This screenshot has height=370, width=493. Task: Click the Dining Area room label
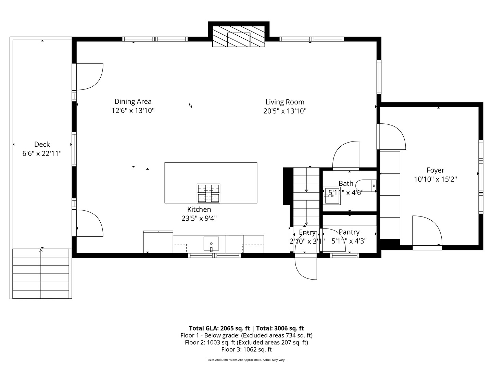pyautogui.click(x=133, y=101)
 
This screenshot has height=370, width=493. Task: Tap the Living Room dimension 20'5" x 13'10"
pyautogui.click(x=285, y=111)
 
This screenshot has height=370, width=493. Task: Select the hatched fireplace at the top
pyautogui.click(x=239, y=36)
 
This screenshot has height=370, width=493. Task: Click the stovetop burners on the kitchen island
pyautogui.click(x=208, y=193)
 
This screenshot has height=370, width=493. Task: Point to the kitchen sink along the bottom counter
pyautogui.click(x=211, y=244)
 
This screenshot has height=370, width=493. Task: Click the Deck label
pyautogui.click(x=42, y=145)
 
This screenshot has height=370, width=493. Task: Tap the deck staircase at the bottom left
pyautogui.click(x=41, y=273)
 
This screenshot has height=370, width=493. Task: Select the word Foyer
pyautogui.click(x=435, y=170)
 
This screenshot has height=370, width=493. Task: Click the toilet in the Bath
pyautogui.click(x=367, y=185)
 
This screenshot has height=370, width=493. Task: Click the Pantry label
pyautogui.click(x=349, y=232)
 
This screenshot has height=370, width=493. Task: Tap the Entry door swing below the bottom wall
pyautogui.click(x=306, y=267)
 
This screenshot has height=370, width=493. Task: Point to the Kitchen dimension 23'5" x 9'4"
pyautogui.click(x=199, y=218)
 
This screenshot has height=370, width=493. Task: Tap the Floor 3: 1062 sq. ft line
pyautogui.click(x=246, y=349)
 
